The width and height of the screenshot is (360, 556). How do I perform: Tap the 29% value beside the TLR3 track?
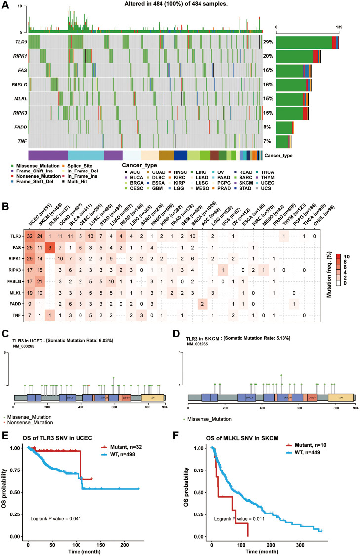[x=268, y=42]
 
